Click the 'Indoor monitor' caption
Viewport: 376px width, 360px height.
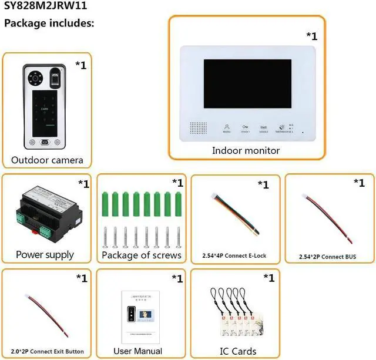pos(246,150)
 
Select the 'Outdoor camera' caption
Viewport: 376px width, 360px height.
pos(47,160)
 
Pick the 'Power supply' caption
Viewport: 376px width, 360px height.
pos(45,255)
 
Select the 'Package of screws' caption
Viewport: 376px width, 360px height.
pos(141,255)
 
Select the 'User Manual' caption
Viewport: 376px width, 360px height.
pos(137,351)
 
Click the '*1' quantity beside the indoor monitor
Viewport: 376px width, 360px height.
pos(311,35)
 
